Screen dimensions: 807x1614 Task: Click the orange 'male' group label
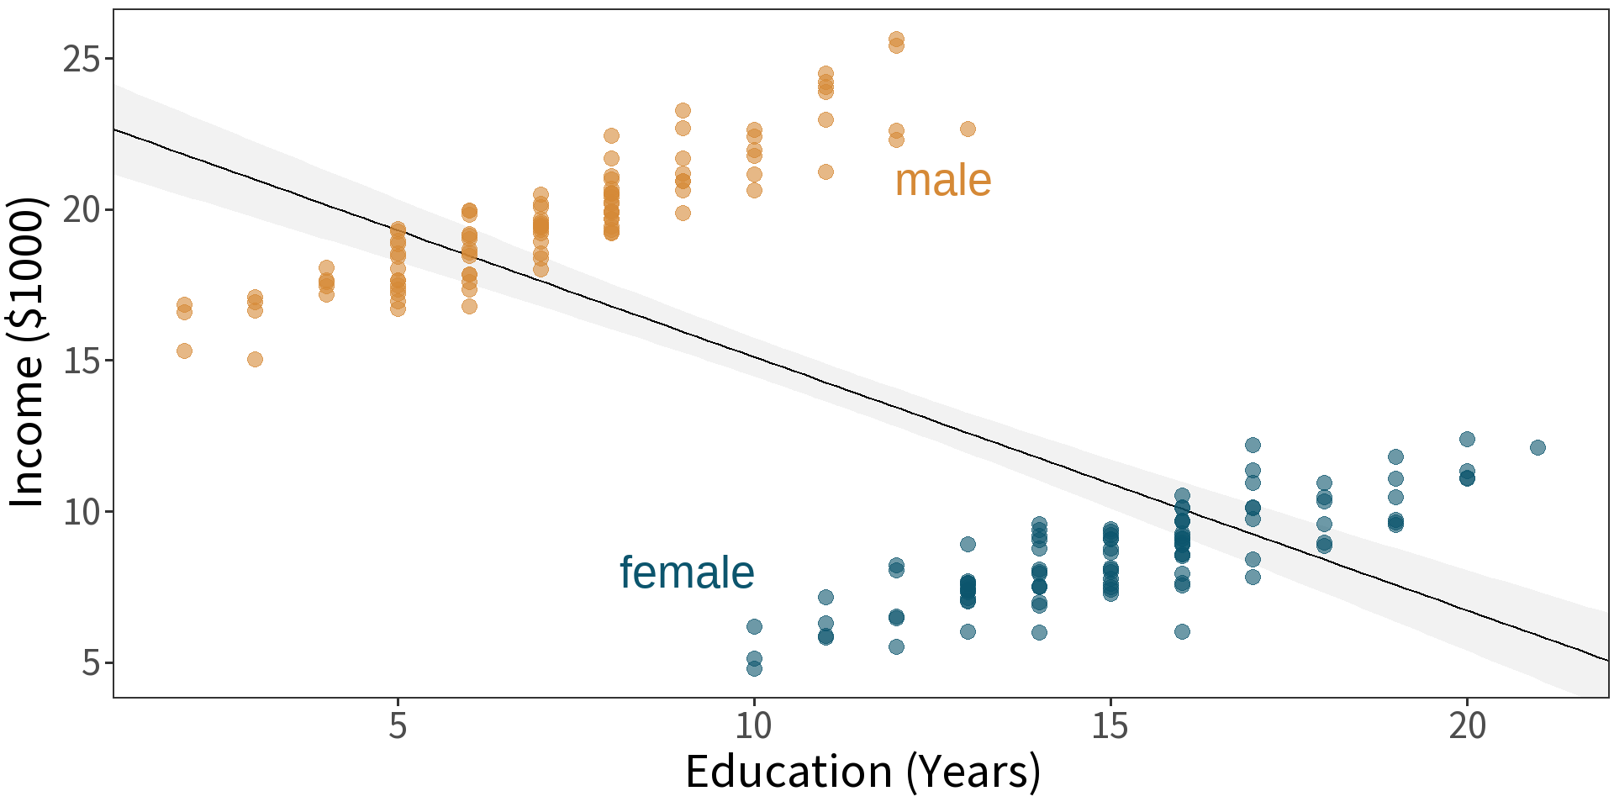point(942,181)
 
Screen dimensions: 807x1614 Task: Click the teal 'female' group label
point(687,572)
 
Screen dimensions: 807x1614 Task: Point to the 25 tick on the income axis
point(81,60)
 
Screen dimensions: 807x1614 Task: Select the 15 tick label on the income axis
point(81,361)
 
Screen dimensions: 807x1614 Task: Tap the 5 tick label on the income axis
point(91,663)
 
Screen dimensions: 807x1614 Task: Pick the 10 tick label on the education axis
point(754,725)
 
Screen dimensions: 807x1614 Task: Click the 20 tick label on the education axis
point(1467,725)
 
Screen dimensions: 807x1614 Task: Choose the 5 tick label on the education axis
point(398,725)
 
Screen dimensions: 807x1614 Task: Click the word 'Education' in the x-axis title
point(789,772)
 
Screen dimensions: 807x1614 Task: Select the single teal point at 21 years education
point(1538,447)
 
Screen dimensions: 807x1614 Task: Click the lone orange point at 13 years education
point(968,129)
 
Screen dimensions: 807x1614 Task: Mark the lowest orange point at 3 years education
point(255,359)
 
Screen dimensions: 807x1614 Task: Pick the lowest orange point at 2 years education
point(184,351)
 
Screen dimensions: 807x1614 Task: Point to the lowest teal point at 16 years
point(1182,631)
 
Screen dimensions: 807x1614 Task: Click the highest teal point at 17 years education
point(1253,445)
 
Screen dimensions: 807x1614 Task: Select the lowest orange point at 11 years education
point(825,171)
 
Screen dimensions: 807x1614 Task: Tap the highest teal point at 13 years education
point(968,544)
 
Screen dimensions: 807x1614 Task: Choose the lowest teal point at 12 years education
point(896,646)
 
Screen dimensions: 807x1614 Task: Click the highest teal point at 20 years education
point(1467,439)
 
